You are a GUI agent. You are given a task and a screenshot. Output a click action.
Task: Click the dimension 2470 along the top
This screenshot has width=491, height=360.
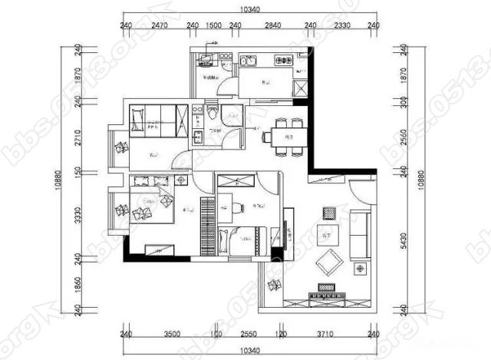(159, 25)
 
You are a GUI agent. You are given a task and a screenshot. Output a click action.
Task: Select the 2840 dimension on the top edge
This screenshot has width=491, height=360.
(272, 25)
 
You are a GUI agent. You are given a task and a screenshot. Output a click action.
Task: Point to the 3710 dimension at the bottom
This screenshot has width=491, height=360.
(326, 335)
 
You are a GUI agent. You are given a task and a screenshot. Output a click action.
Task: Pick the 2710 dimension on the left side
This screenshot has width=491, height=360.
(77, 142)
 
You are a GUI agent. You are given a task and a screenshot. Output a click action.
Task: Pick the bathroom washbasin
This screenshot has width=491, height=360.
(198, 137)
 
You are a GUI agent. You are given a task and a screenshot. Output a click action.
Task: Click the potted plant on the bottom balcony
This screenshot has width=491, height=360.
(273, 288)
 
